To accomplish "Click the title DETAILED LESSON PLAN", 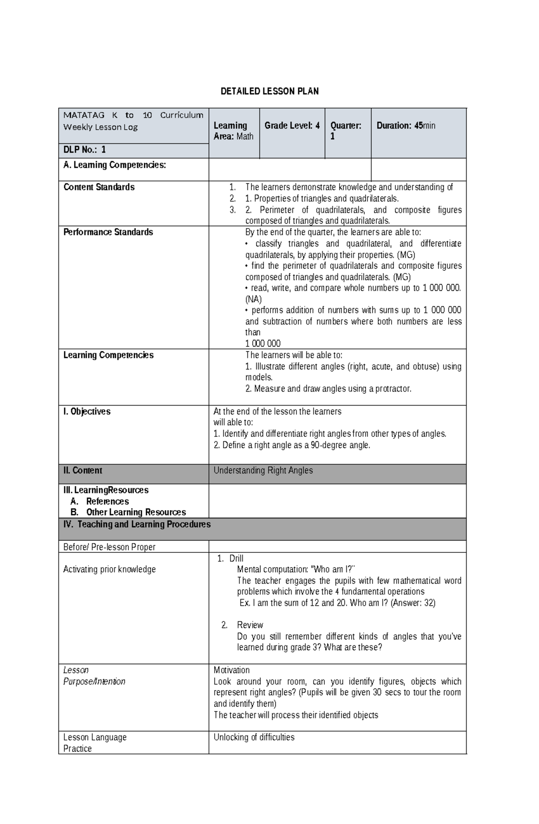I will (269, 92).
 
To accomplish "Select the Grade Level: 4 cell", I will (292, 126).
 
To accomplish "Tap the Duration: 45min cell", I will (406, 126).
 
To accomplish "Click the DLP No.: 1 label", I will (84, 150).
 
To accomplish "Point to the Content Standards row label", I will (99, 187).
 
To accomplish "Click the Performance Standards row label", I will (108, 232).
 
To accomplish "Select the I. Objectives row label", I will (87, 412).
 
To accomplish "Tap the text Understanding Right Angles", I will (263, 471).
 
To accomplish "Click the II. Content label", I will (83, 471).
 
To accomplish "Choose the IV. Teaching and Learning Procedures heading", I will (137, 524).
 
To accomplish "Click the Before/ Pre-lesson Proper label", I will (109, 547).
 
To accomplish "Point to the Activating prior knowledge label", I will (109, 569).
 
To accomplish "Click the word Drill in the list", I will (236, 559).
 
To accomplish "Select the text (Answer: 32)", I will (413, 603).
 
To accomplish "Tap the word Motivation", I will (231, 670).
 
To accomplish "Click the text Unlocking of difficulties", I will (254, 737).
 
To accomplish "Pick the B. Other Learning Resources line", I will (136, 512).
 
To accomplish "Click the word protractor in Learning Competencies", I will (391, 389).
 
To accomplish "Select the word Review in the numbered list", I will (250, 625).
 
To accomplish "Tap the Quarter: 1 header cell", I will (345, 131).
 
